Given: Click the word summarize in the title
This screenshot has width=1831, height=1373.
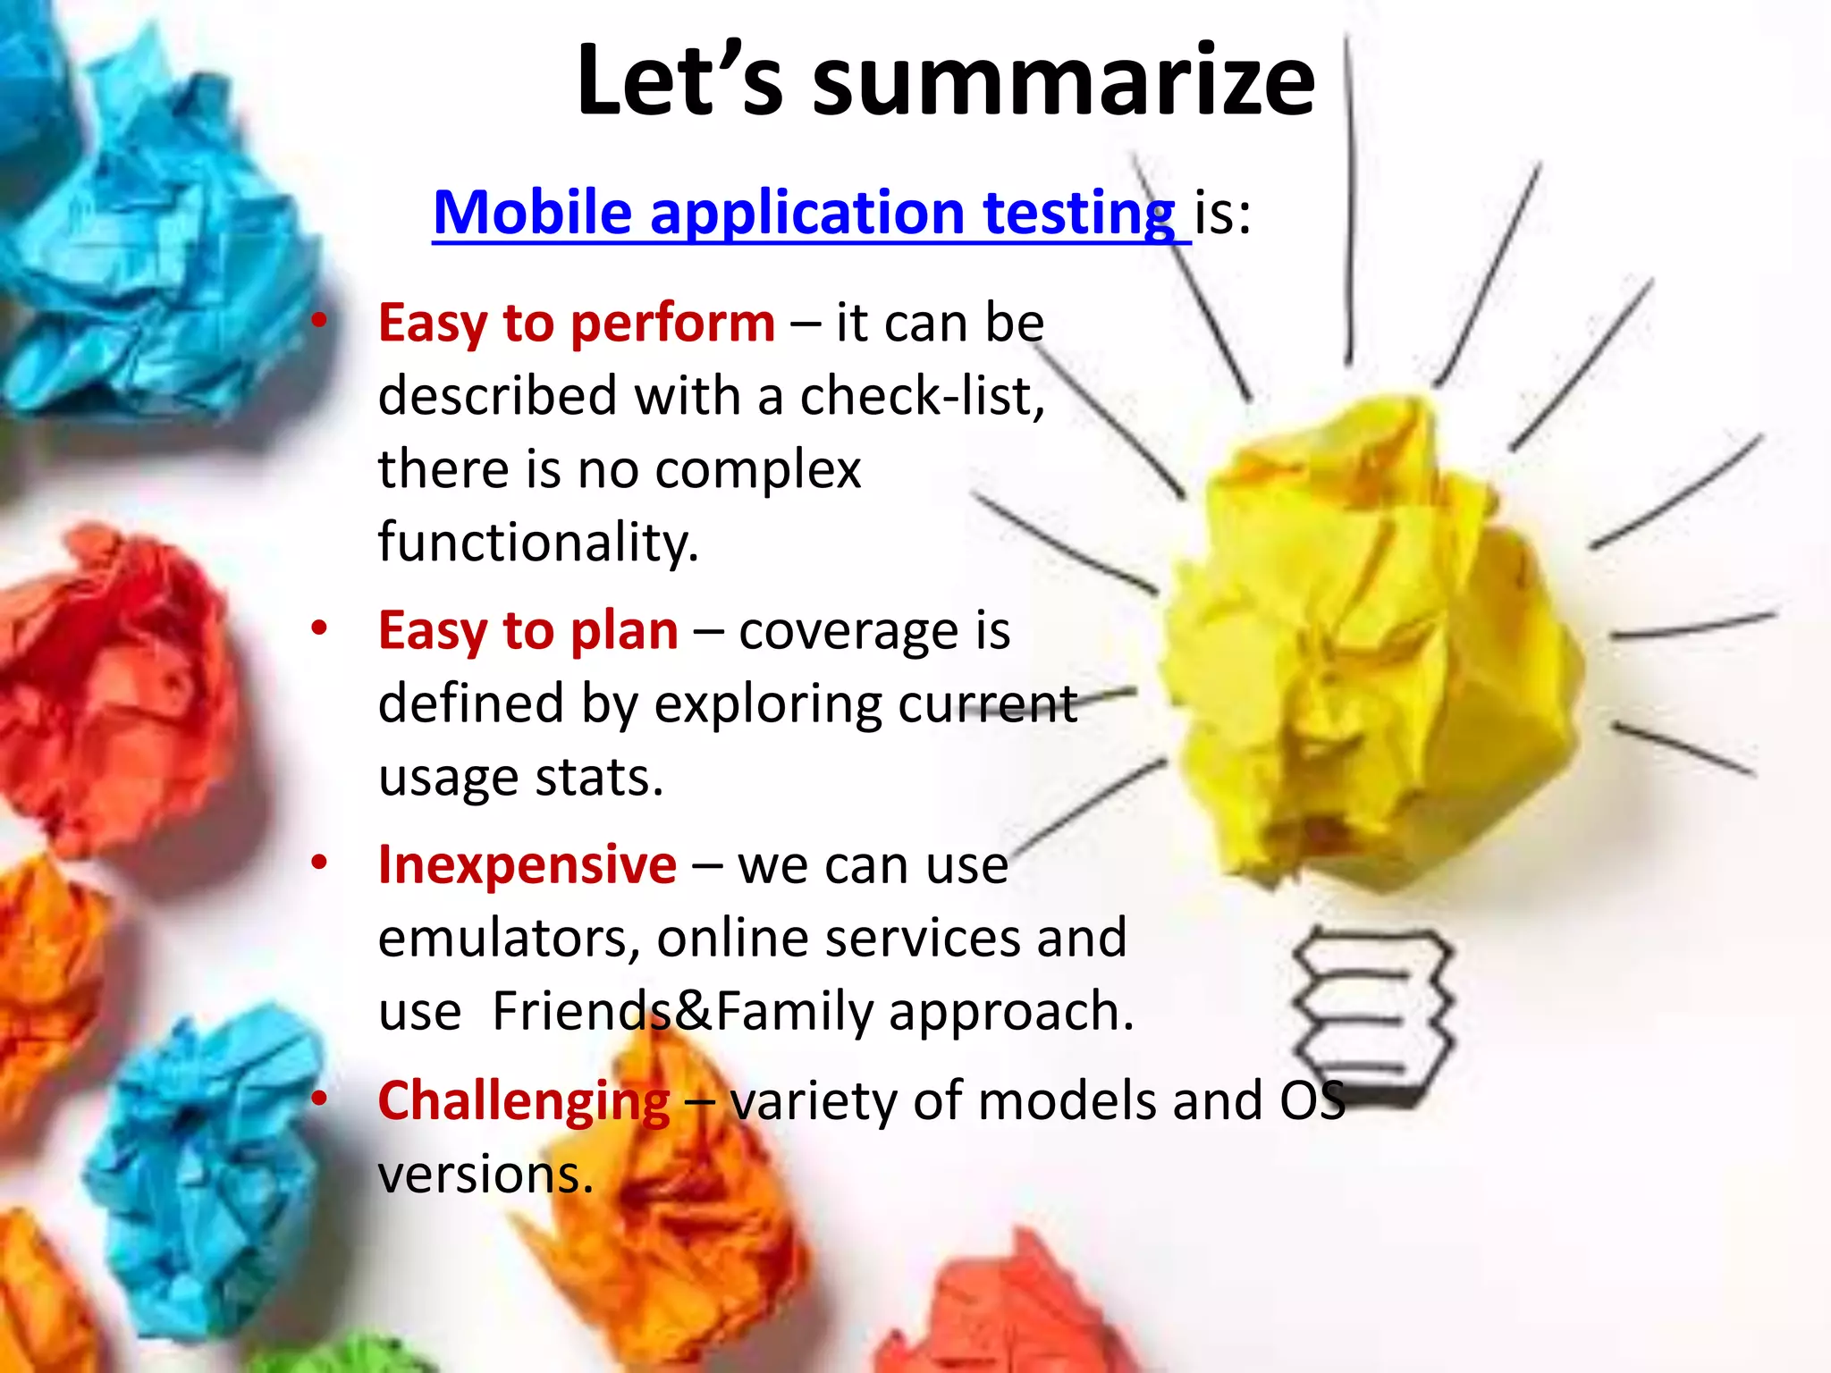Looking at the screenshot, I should [x=1063, y=82].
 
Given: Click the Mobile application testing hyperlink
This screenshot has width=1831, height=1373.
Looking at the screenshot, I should [x=803, y=214].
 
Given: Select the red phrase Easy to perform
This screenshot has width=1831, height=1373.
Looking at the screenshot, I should [x=576, y=323].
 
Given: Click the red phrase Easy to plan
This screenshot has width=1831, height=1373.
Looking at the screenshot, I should [x=527, y=631].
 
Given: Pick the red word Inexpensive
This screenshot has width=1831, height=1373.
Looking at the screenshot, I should [x=527, y=865].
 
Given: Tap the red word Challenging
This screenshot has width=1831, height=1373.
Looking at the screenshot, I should [x=523, y=1101].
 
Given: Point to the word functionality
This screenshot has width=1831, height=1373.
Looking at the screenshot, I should [x=537, y=543].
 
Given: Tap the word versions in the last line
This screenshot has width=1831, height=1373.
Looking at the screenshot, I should [x=485, y=1175].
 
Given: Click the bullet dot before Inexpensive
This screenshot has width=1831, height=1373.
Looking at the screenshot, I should [x=319, y=863].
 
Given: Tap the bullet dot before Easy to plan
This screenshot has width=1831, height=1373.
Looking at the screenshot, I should [x=319, y=628].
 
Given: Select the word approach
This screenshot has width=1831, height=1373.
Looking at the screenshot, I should [x=1010, y=1012].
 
